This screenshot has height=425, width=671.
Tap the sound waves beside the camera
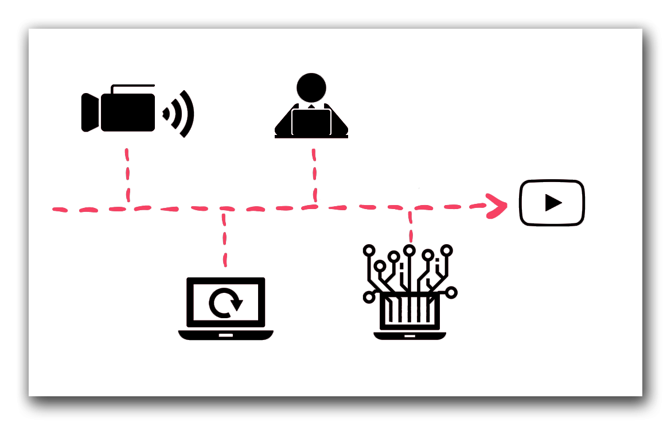181,113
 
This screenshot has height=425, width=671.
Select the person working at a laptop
311,109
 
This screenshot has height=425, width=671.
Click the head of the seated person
311,87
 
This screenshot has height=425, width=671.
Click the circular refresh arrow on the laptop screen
226,303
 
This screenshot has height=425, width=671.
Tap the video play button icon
552,203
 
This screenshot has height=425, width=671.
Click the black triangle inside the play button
553,203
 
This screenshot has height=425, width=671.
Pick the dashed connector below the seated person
314,175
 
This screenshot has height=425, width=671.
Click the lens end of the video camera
89,112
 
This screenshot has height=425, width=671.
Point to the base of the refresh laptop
226,334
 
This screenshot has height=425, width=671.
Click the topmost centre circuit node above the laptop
409,250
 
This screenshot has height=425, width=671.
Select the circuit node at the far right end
451,293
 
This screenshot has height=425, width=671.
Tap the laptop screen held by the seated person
311,122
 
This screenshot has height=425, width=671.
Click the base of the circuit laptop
409,335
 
